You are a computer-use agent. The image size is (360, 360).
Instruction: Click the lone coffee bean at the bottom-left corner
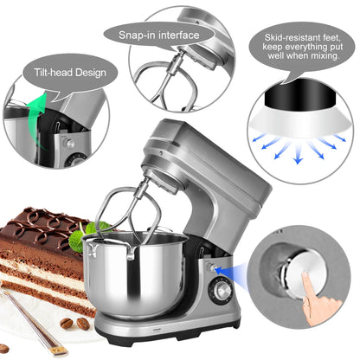point(4,348)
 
